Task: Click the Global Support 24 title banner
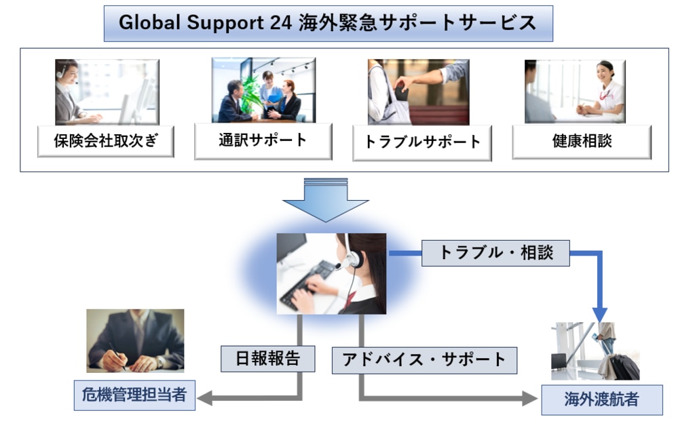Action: (328, 23)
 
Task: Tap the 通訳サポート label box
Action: (263, 141)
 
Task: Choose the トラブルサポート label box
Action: (421, 142)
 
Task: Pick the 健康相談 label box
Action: (582, 142)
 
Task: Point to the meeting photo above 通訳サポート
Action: (263, 90)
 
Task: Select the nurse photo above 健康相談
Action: (575, 92)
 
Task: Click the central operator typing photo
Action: (331, 273)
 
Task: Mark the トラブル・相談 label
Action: (495, 253)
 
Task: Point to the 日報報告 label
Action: (267, 359)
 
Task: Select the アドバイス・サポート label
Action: (424, 360)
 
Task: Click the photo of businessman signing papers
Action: (135, 340)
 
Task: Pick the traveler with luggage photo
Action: (595, 351)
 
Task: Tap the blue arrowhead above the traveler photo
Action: (600, 313)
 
